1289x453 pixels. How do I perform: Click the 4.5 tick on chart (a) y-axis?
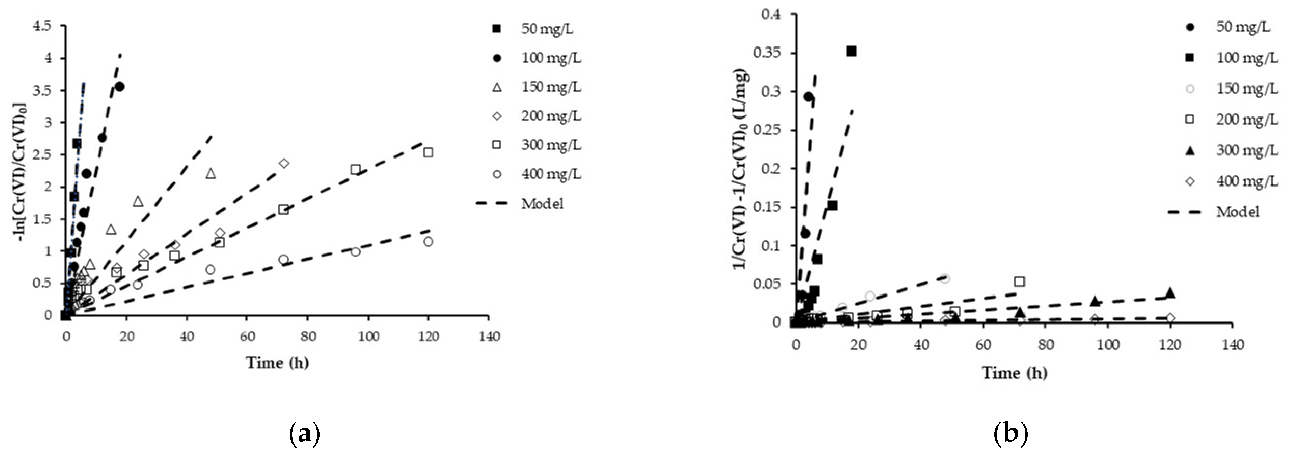[42, 26]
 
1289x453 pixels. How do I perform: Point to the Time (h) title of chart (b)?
[1014, 372]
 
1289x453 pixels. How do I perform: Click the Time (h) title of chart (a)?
[277, 362]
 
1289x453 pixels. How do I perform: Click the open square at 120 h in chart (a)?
[428, 152]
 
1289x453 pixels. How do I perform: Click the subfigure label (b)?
[1011, 433]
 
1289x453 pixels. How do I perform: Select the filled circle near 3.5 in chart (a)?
[119, 86]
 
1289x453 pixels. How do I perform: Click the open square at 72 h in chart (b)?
[1020, 282]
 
